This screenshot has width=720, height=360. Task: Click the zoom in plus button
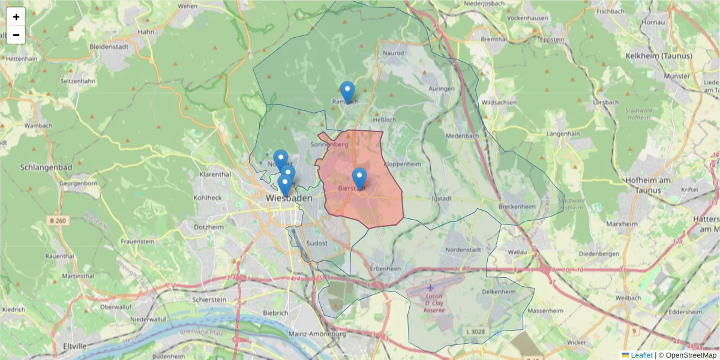click(x=16, y=17)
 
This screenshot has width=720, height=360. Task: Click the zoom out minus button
click(x=16, y=35)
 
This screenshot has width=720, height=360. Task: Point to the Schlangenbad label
click(x=46, y=167)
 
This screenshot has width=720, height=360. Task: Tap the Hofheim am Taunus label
click(x=655, y=185)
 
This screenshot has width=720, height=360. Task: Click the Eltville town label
click(x=75, y=346)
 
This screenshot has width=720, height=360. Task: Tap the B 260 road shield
click(x=58, y=221)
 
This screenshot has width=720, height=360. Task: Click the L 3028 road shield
click(x=475, y=331)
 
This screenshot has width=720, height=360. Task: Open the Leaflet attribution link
click(x=641, y=355)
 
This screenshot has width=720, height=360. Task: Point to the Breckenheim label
click(x=517, y=206)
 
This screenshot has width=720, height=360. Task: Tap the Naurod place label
click(x=394, y=53)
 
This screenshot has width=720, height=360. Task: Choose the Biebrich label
click(x=276, y=313)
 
